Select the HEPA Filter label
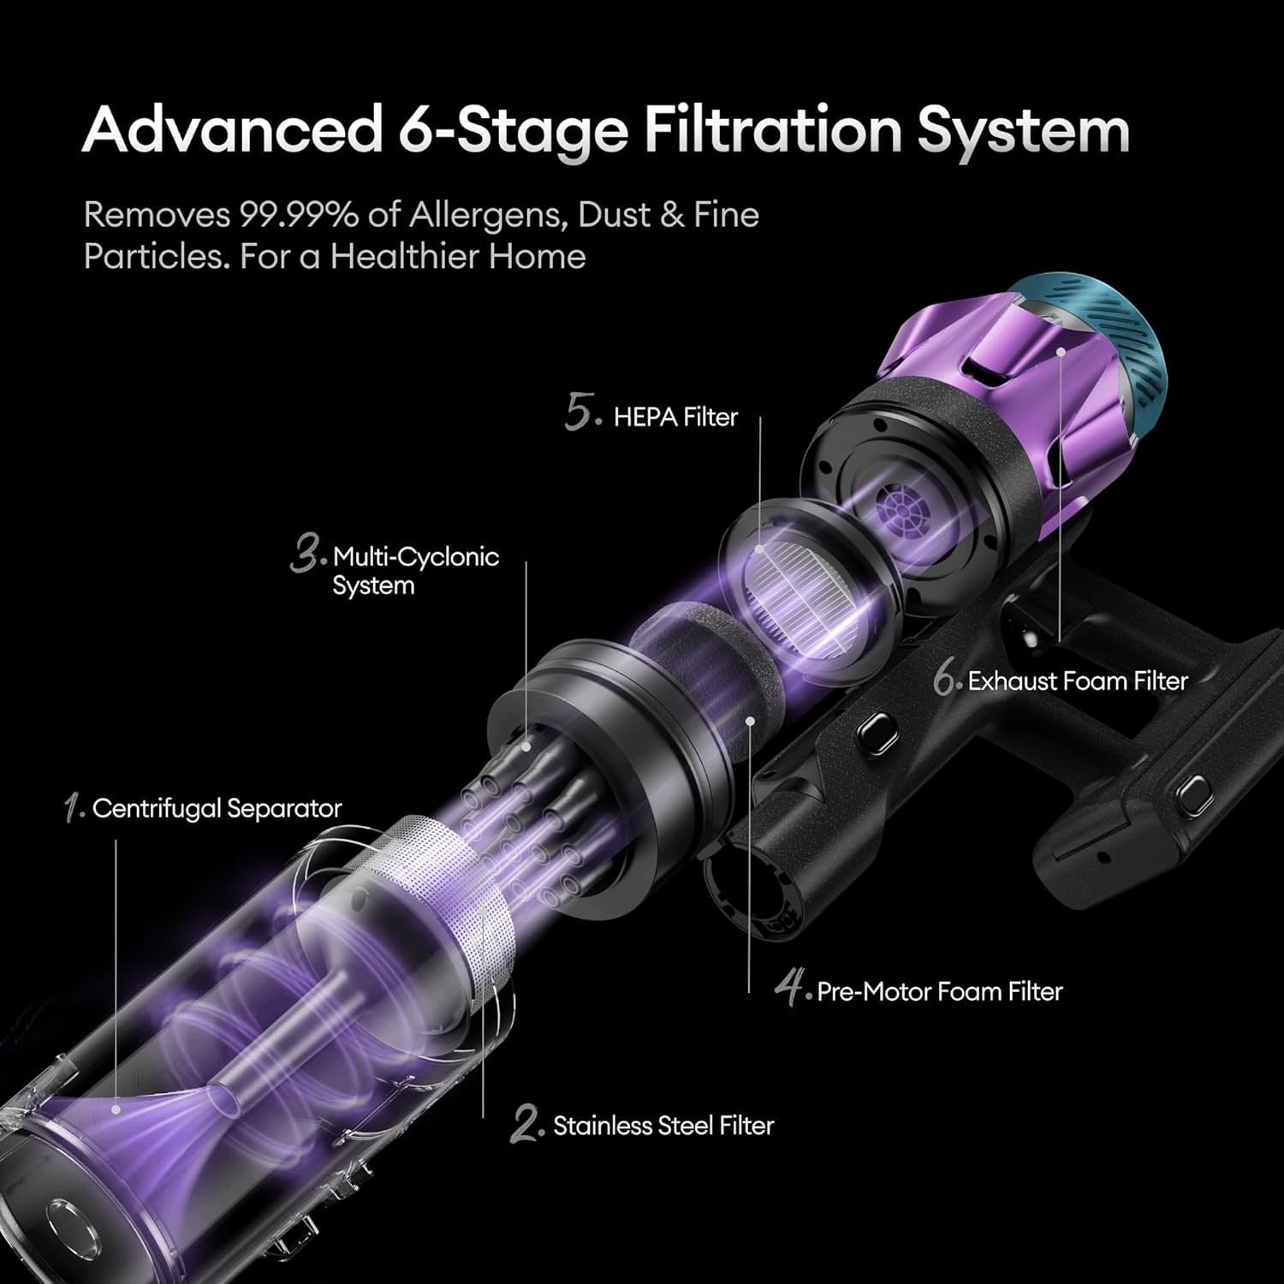pos(675,417)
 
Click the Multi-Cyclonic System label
pos(416,571)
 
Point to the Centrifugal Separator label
pos(217,808)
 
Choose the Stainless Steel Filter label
pos(663,1125)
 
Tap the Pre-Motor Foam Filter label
pos(940,991)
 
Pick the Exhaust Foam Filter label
pos(1079,681)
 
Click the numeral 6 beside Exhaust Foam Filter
pos(945,681)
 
